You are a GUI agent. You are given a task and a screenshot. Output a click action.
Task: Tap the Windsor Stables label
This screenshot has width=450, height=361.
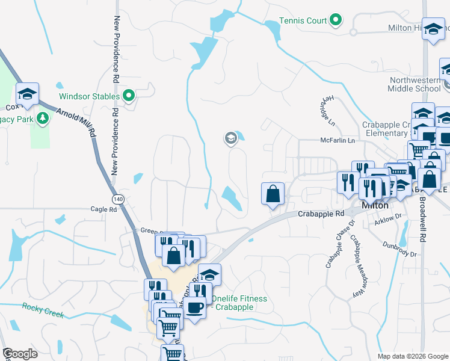(88, 96)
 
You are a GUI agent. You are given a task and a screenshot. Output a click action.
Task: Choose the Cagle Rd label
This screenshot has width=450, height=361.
(103, 209)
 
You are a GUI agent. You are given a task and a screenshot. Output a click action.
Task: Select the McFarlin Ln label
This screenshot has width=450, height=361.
(338, 141)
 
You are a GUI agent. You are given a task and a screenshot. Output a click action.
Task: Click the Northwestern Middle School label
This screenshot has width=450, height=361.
(415, 84)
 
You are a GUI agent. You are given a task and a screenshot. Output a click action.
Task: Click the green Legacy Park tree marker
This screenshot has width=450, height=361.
(43, 119)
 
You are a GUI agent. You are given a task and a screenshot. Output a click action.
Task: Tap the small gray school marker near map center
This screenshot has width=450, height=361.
(230, 140)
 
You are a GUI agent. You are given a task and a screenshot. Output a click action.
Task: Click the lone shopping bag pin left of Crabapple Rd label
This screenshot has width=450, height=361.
(273, 194)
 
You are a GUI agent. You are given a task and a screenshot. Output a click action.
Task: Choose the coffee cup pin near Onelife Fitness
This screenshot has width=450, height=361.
(194, 308)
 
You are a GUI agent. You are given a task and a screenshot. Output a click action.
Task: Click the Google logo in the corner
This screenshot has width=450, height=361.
(20, 354)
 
